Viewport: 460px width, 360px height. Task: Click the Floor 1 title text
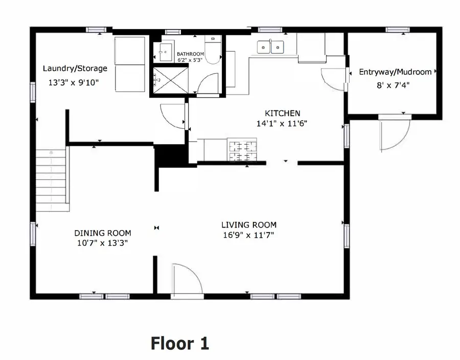click(x=179, y=343)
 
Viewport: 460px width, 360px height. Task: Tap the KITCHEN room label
click(x=282, y=114)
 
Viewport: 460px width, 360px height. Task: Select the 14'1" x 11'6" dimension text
click(x=282, y=123)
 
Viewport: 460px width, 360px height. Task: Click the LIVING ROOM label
click(x=249, y=224)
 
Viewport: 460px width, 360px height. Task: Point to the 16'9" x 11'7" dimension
click(x=249, y=235)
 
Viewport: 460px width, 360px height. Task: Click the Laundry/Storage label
click(x=75, y=69)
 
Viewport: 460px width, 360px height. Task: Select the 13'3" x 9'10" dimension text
click(x=74, y=82)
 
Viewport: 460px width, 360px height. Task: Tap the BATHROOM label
click(x=190, y=54)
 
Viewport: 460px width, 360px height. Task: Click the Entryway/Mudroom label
click(x=395, y=72)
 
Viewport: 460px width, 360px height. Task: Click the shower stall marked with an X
click(x=164, y=81)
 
